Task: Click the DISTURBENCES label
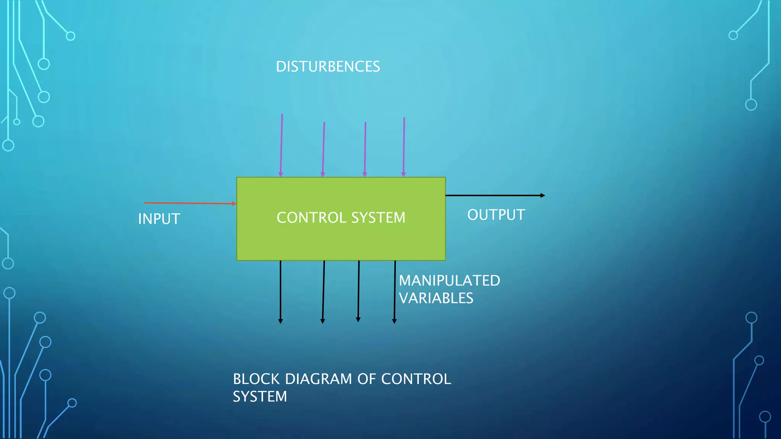[328, 67]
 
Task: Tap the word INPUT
[159, 219]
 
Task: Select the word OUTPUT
[496, 215]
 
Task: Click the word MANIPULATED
[449, 281]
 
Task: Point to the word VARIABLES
[436, 298]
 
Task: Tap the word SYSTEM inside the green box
[378, 218]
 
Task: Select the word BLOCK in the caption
[256, 379]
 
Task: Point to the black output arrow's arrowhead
[543, 195]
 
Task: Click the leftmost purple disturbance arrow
[281, 145]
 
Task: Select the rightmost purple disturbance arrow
[404, 147]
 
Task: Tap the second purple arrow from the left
[323, 149]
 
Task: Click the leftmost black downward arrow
[280, 292]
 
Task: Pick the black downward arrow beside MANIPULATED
[395, 292]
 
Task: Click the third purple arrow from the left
[365, 149]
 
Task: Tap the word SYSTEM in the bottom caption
[260, 397]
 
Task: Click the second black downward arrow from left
[323, 292]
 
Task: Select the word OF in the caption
[366, 379]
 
